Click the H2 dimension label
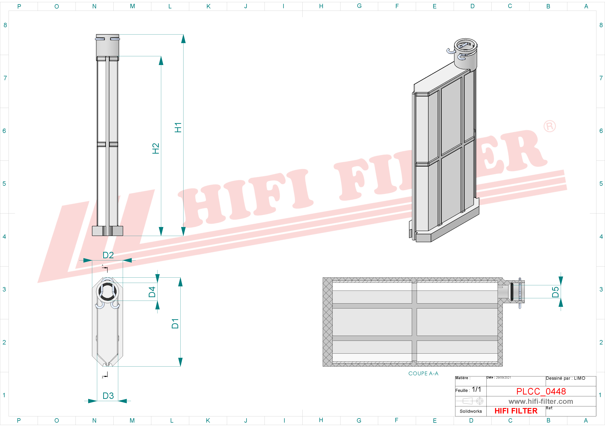(x=156, y=148)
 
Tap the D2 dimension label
(x=108, y=255)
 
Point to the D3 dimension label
(x=108, y=396)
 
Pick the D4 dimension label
(x=152, y=292)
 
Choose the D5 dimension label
(x=555, y=292)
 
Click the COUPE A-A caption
(x=423, y=374)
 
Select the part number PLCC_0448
(x=541, y=392)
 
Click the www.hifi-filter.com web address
(x=541, y=401)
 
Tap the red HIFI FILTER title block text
(x=516, y=411)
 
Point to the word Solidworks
(x=471, y=411)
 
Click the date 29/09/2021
(x=503, y=378)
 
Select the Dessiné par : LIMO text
(x=565, y=378)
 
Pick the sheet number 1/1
(x=476, y=389)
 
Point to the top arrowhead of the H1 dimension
(x=183, y=39)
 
